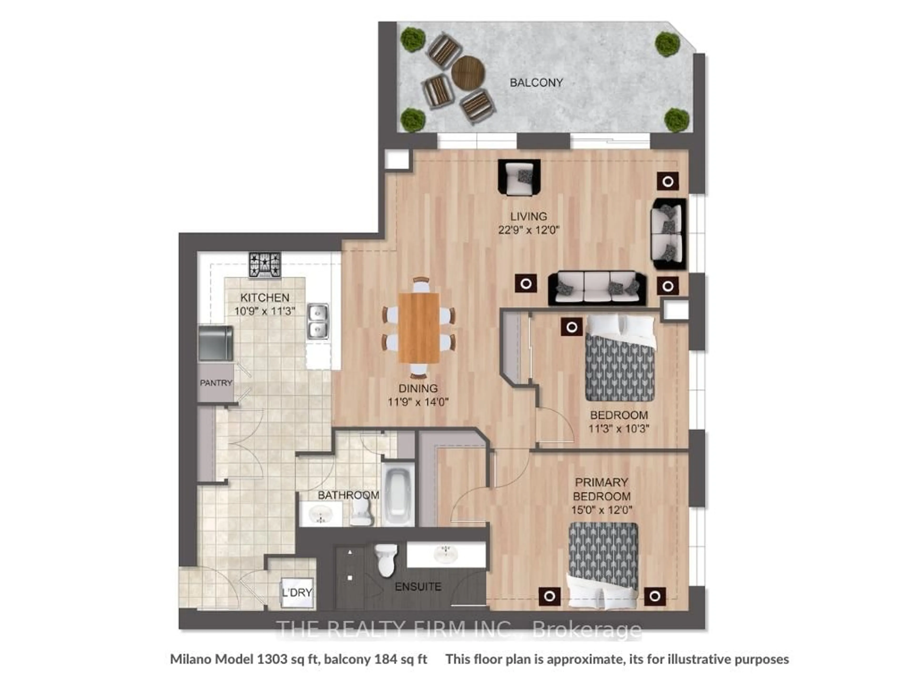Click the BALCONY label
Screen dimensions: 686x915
click(x=536, y=83)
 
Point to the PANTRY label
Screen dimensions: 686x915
click(x=216, y=383)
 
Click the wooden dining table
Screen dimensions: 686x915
click(x=419, y=328)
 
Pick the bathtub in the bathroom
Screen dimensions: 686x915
click(x=397, y=494)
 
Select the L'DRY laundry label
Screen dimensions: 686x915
click(x=297, y=593)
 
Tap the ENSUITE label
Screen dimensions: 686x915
click(x=418, y=586)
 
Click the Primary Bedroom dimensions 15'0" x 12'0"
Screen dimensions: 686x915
click(x=601, y=510)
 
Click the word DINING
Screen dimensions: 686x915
click(x=418, y=388)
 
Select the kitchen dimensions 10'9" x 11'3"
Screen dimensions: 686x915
click(x=265, y=311)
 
